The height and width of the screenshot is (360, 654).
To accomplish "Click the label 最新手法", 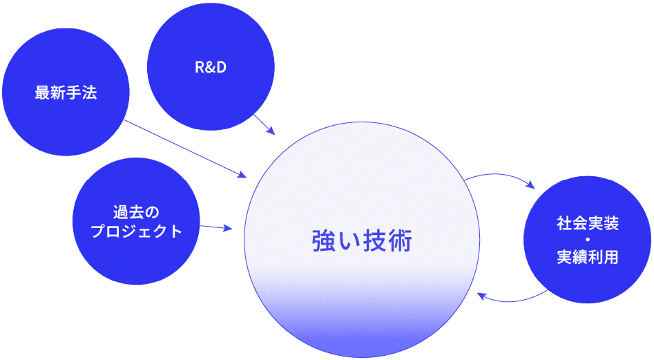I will coord(66,93).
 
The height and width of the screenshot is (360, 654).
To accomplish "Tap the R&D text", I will coord(211,68).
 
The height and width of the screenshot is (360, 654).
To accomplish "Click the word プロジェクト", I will coord(136,231).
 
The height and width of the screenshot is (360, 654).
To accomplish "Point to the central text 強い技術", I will coord(362,242).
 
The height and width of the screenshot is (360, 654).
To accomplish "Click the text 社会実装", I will coord(587,224).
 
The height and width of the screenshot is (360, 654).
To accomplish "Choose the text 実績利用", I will coord(587,257).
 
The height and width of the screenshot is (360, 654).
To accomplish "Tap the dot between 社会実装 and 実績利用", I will coord(587,240).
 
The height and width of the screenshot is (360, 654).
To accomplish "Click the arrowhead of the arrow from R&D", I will coord(273,132).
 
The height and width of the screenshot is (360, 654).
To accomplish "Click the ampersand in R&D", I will coord(211,68).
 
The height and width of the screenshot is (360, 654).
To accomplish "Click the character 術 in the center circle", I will coord(401,242).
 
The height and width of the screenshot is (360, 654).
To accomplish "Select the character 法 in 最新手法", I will coord(89,93).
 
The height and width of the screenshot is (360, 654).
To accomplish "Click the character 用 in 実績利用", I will coord(610,257).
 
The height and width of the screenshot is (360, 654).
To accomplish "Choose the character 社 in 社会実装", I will coord(564,224).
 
